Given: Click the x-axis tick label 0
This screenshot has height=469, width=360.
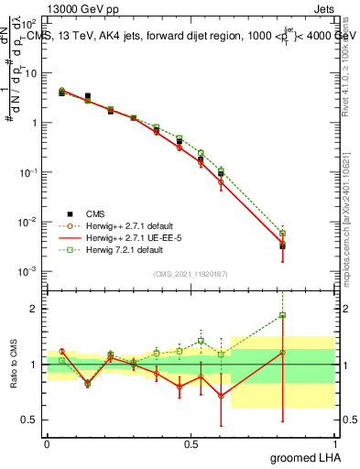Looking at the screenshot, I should [x=47, y=442].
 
